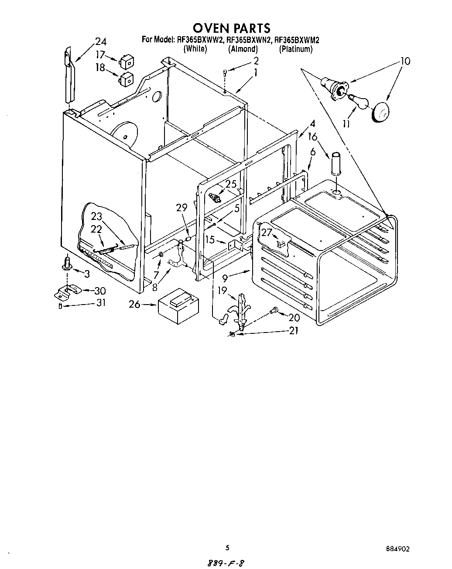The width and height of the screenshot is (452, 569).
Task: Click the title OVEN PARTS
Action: click(231, 28)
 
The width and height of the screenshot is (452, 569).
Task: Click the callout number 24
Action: click(100, 42)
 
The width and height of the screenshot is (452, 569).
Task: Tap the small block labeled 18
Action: click(126, 80)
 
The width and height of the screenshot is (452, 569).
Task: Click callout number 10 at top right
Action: click(405, 62)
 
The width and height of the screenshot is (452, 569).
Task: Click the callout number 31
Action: click(101, 302)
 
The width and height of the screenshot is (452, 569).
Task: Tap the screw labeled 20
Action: click(274, 310)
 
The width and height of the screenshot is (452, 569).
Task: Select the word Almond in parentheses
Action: click(243, 49)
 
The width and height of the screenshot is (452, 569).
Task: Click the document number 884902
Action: click(397, 548)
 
